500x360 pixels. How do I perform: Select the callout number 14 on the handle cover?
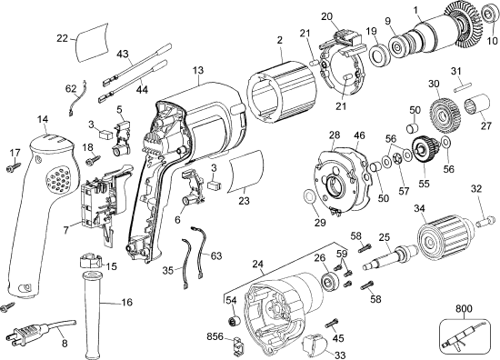pyautogui.click(x=42, y=119)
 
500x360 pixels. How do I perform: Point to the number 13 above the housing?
pyautogui.click(x=197, y=70)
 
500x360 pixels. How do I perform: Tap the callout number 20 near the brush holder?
pyautogui.click(x=328, y=15)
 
